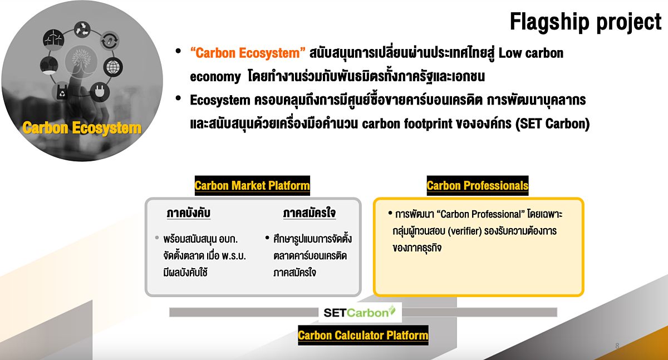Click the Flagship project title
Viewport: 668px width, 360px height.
click(586, 22)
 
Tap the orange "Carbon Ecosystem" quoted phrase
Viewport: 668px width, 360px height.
click(248, 53)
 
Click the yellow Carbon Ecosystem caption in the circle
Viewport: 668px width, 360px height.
click(82, 128)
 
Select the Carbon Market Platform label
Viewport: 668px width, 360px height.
click(252, 186)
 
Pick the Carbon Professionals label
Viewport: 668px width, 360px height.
click(478, 186)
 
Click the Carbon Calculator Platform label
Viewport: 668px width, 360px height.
click(363, 336)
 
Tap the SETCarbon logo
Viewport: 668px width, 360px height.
click(360, 312)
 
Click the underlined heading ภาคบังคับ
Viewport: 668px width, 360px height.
click(189, 213)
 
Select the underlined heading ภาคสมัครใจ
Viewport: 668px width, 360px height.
click(310, 213)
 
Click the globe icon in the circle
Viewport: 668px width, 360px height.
click(113, 67)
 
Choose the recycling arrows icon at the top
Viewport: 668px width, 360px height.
click(82, 29)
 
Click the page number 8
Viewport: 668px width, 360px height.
click(617, 346)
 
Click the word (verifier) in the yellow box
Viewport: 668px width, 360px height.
click(465, 231)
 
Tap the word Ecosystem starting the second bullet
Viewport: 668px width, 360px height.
click(220, 100)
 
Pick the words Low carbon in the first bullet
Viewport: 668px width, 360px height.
click(531, 53)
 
